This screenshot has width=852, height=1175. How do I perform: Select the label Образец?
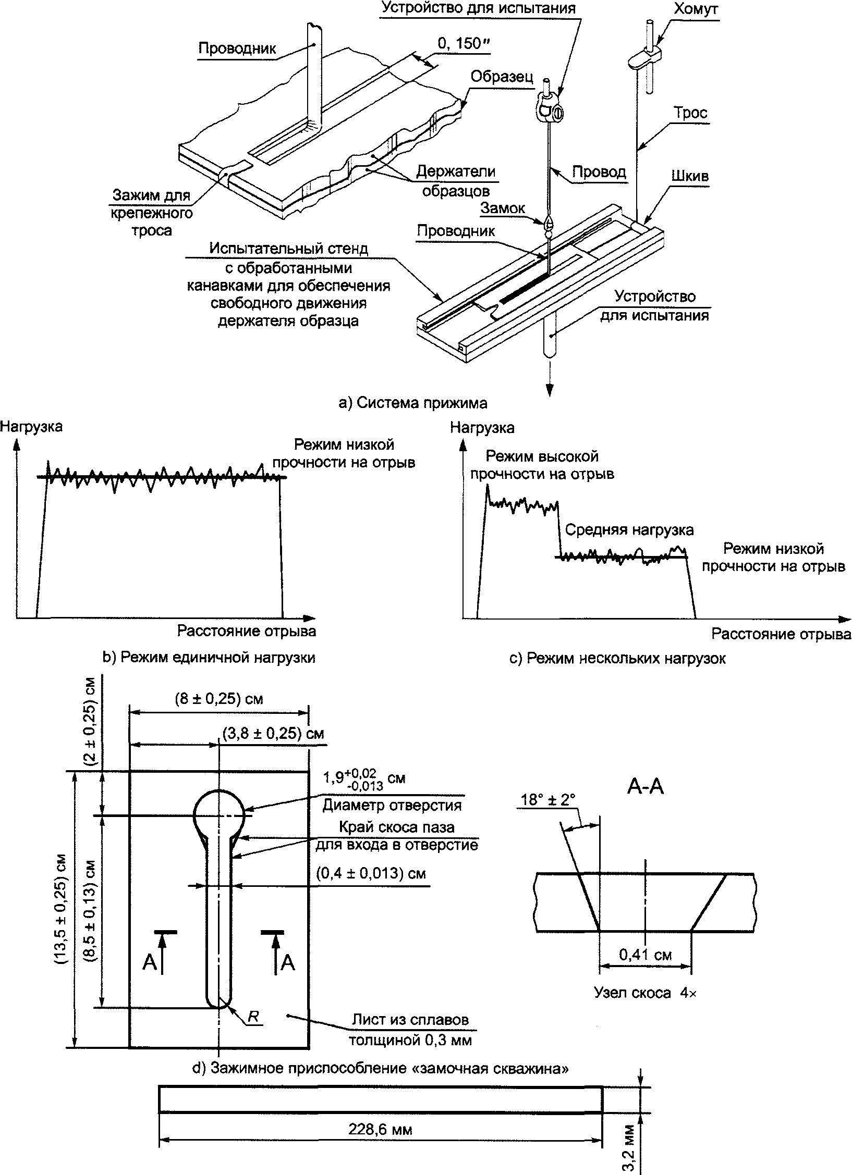tap(502, 77)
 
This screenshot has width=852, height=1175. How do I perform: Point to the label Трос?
tap(690, 113)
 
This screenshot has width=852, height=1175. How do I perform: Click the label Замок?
tap(503, 208)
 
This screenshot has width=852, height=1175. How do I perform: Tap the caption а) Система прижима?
tap(413, 403)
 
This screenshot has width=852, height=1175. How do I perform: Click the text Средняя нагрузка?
tap(629, 530)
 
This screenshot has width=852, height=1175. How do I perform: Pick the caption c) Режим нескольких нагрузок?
tap(617, 659)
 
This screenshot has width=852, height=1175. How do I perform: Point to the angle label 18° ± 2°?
tap(548, 799)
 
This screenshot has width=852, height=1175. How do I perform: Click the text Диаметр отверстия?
tap(392, 805)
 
